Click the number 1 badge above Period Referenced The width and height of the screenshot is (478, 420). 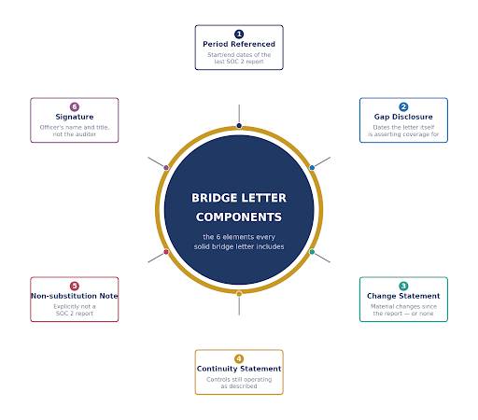tap(239, 34)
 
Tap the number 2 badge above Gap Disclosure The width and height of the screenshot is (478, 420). tap(403, 106)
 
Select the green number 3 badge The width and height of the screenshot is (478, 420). tap(403, 286)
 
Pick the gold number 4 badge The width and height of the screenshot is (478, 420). tap(239, 358)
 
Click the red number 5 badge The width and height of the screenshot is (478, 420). tap(75, 286)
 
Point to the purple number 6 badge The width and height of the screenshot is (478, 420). tap(75, 106)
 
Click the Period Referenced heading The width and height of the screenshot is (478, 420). tap(239, 44)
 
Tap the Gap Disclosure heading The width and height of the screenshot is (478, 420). tap(403, 117)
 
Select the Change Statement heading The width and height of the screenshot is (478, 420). tap(403, 296)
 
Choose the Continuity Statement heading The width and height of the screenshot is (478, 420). tap(239, 369)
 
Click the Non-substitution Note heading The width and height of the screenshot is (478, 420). tap(75, 296)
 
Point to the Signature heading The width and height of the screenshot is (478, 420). tap(75, 117)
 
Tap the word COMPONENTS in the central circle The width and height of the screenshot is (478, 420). tap(239, 217)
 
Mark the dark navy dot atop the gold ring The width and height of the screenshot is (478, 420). tap(239, 126)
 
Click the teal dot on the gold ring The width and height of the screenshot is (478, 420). tap(312, 252)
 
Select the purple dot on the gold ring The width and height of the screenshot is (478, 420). tap(166, 168)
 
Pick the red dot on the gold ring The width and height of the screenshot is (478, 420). tap(166, 252)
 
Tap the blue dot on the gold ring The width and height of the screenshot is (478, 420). tap(312, 168)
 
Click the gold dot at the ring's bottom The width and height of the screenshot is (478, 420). tap(239, 294)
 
